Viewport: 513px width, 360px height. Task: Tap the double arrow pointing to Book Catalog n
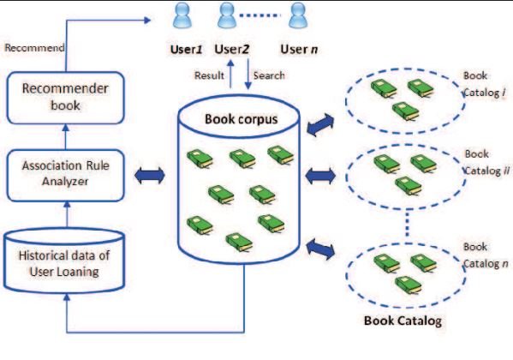pos(323,249)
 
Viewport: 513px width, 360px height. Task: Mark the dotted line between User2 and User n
pos(262,15)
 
